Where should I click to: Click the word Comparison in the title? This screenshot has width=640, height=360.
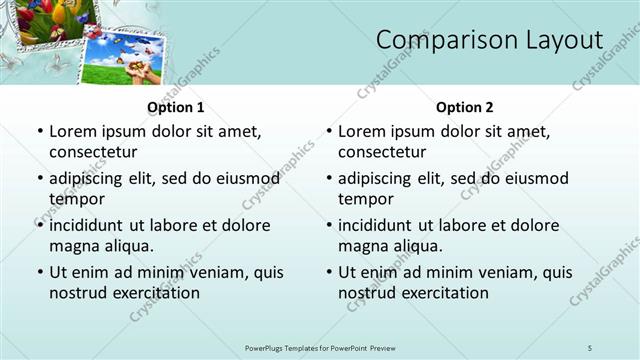click(x=439, y=40)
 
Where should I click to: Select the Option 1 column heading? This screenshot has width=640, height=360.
click(x=176, y=107)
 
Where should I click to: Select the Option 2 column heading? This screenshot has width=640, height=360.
click(x=465, y=107)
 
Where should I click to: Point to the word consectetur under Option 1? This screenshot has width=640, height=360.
click(x=93, y=152)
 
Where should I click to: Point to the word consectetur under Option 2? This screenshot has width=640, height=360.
click(x=382, y=152)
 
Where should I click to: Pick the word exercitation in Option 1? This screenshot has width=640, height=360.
click(x=154, y=293)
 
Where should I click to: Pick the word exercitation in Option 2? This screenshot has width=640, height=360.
click(x=443, y=293)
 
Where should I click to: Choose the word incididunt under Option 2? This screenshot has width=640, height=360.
click(x=377, y=225)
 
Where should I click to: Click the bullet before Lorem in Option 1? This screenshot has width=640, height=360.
click(x=40, y=131)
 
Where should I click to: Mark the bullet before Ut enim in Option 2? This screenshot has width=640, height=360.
click(x=329, y=272)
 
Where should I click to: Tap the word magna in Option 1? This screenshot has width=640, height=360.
click(x=73, y=246)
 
